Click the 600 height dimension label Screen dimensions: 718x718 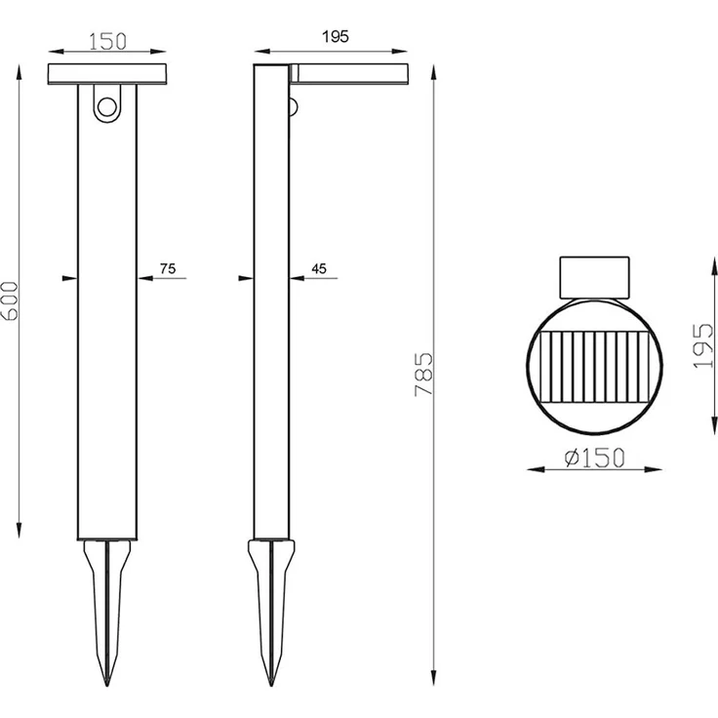point(10,300)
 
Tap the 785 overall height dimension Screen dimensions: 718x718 point(423,374)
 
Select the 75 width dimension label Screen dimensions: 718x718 point(168,269)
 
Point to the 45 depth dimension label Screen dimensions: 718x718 point(319,269)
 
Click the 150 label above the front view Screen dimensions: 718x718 point(107,42)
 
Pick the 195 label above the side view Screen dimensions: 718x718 point(336,37)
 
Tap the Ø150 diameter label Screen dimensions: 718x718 point(594,458)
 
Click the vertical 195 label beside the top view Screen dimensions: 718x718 point(703,345)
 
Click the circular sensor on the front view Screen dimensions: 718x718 point(107,108)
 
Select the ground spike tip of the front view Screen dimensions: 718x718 point(107,685)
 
